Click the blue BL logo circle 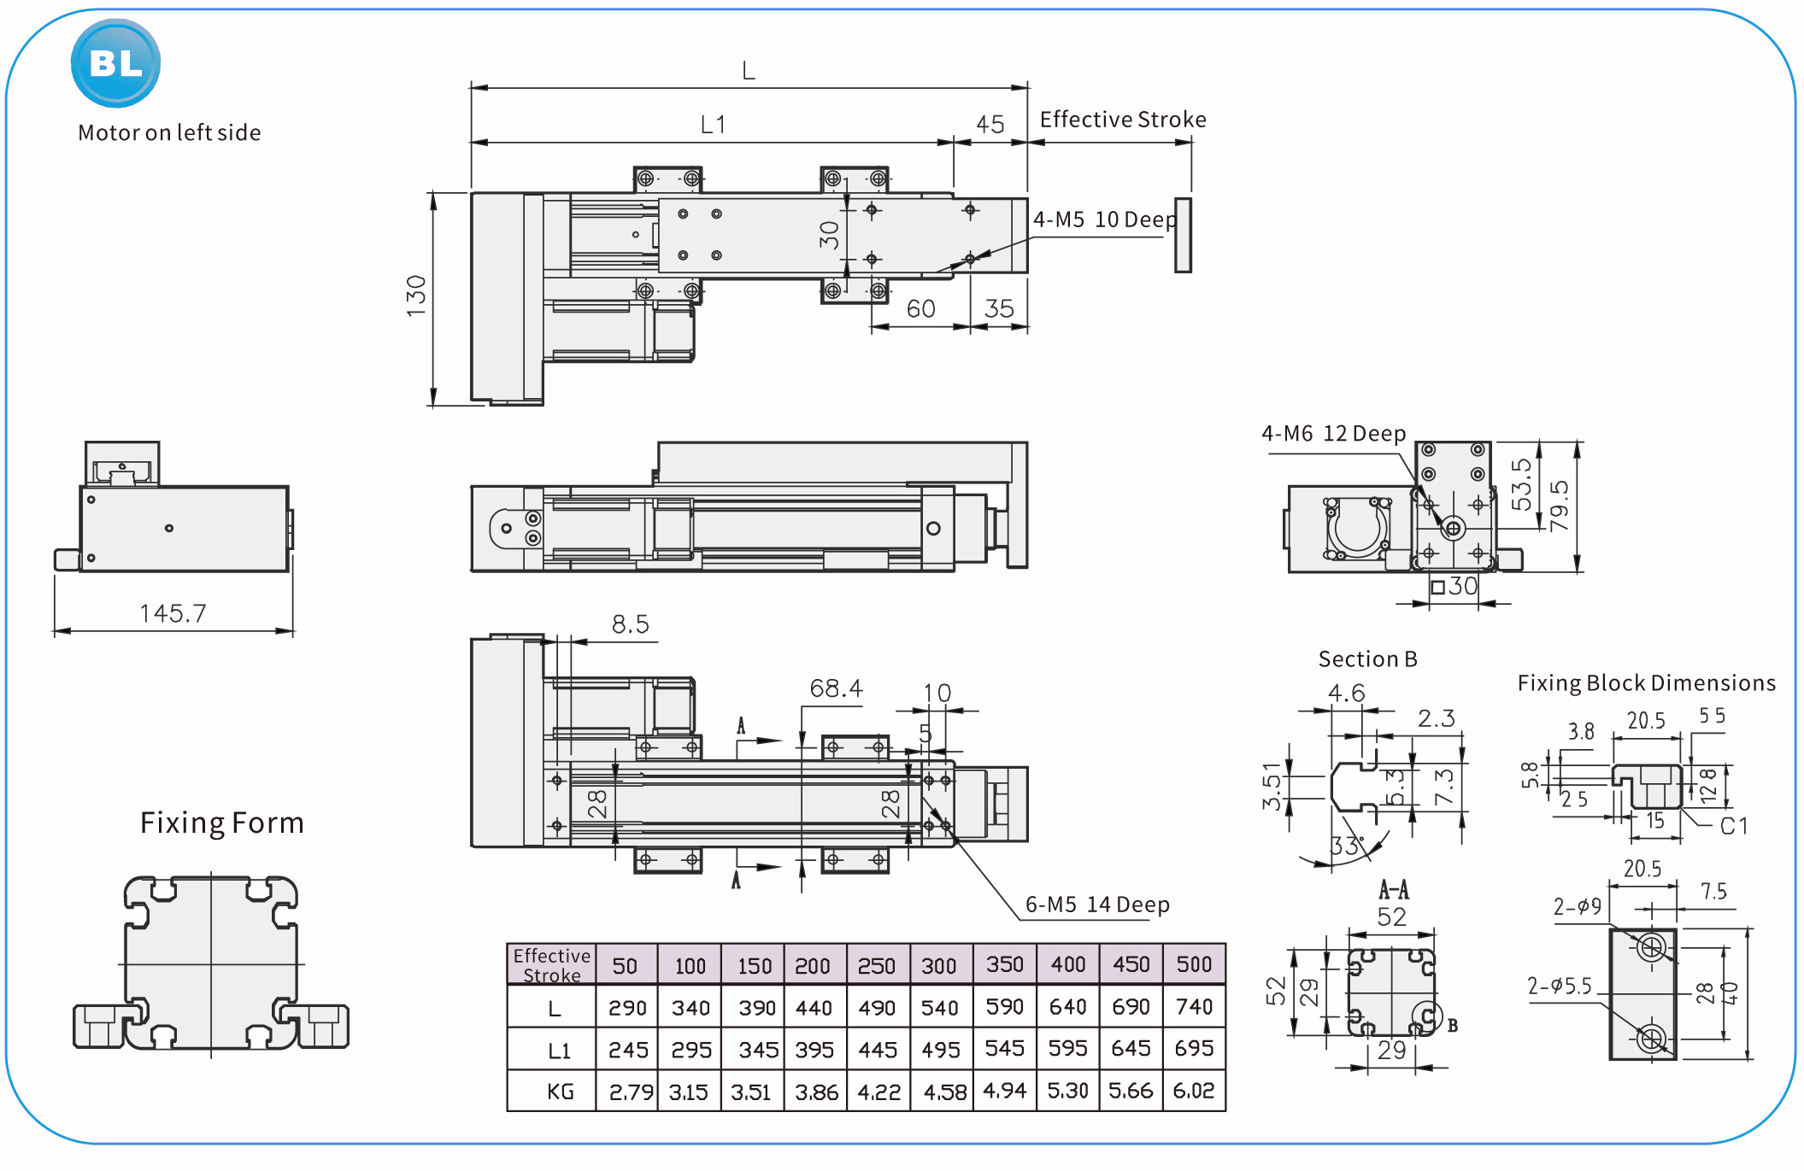tap(115, 63)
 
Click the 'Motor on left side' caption tap(169, 133)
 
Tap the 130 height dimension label tap(416, 296)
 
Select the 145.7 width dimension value tap(173, 613)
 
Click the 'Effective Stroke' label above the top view tap(1122, 120)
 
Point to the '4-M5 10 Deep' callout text tap(1104, 220)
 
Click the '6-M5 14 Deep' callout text tap(1097, 905)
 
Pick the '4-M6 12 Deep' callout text tap(1333, 434)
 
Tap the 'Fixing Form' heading tap(222, 823)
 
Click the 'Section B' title tap(1367, 659)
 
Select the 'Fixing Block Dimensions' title tap(1646, 683)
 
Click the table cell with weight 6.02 tap(1194, 1091)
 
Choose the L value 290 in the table tap(627, 1008)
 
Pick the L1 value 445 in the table tap(878, 1049)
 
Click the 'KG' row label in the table tap(561, 1092)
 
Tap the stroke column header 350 tap(1004, 964)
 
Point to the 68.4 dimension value tap(836, 688)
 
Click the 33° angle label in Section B tap(1347, 846)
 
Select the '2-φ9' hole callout tap(1577, 906)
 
